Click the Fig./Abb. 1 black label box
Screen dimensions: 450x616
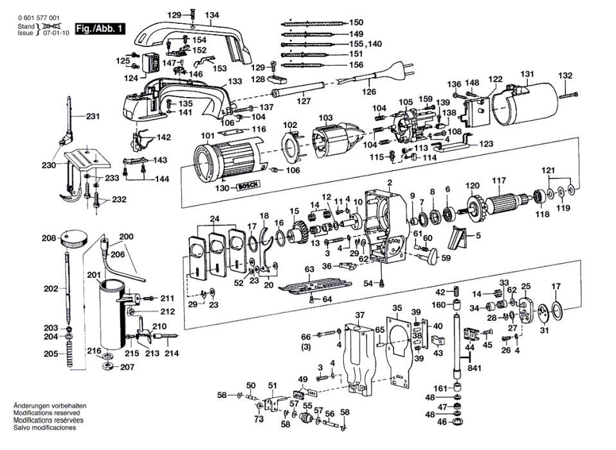(x=101, y=30)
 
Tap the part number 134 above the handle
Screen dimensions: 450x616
(x=212, y=14)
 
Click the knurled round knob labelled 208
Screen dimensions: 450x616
(x=74, y=241)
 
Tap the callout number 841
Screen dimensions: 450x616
(x=475, y=368)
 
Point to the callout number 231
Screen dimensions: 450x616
(x=93, y=116)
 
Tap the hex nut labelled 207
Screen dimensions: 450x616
(x=106, y=366)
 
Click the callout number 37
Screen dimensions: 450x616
(x=360, y=315)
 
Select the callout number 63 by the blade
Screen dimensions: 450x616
(x=309, y=269)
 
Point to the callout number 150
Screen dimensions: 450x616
(x=356, y=22)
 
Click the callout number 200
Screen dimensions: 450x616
(x=126, y=237)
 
